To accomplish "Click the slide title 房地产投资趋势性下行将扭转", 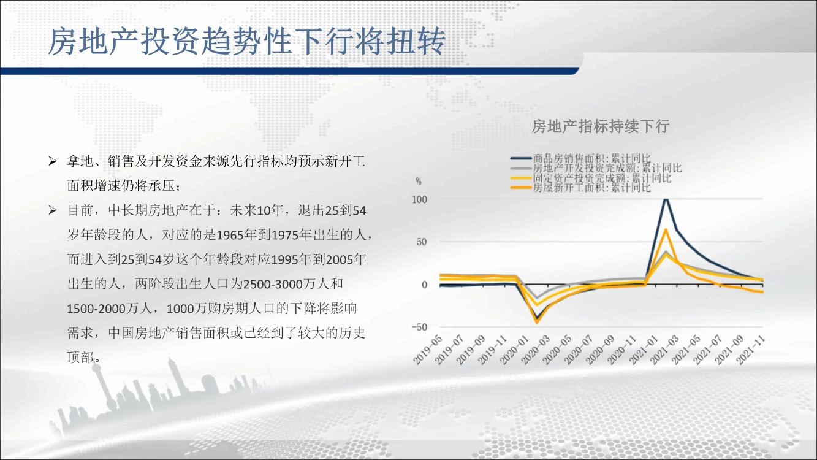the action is coord(247,41).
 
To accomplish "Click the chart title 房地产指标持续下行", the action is coord(601,126).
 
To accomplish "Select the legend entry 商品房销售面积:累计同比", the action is coord(580,158).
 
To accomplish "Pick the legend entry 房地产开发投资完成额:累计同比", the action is coord(596,168).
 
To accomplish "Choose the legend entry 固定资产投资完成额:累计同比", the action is coord(591,178).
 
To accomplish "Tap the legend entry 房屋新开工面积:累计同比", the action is coord(580,188).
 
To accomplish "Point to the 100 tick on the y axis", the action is coord(419,200).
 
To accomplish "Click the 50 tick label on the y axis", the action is coord(422,242).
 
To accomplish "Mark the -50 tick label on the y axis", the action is coord(419,327).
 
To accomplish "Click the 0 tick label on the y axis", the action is coord(424,285).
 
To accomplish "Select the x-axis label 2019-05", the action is coord(428,350).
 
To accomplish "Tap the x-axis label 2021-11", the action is coord(750,350).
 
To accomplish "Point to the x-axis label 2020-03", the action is coord(536,350).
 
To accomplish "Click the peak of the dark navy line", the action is coord(666,199).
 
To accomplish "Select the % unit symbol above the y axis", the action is coord(419,181).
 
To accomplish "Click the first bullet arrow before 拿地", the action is coord(53,161).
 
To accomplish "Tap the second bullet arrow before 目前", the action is coord(53,210).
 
